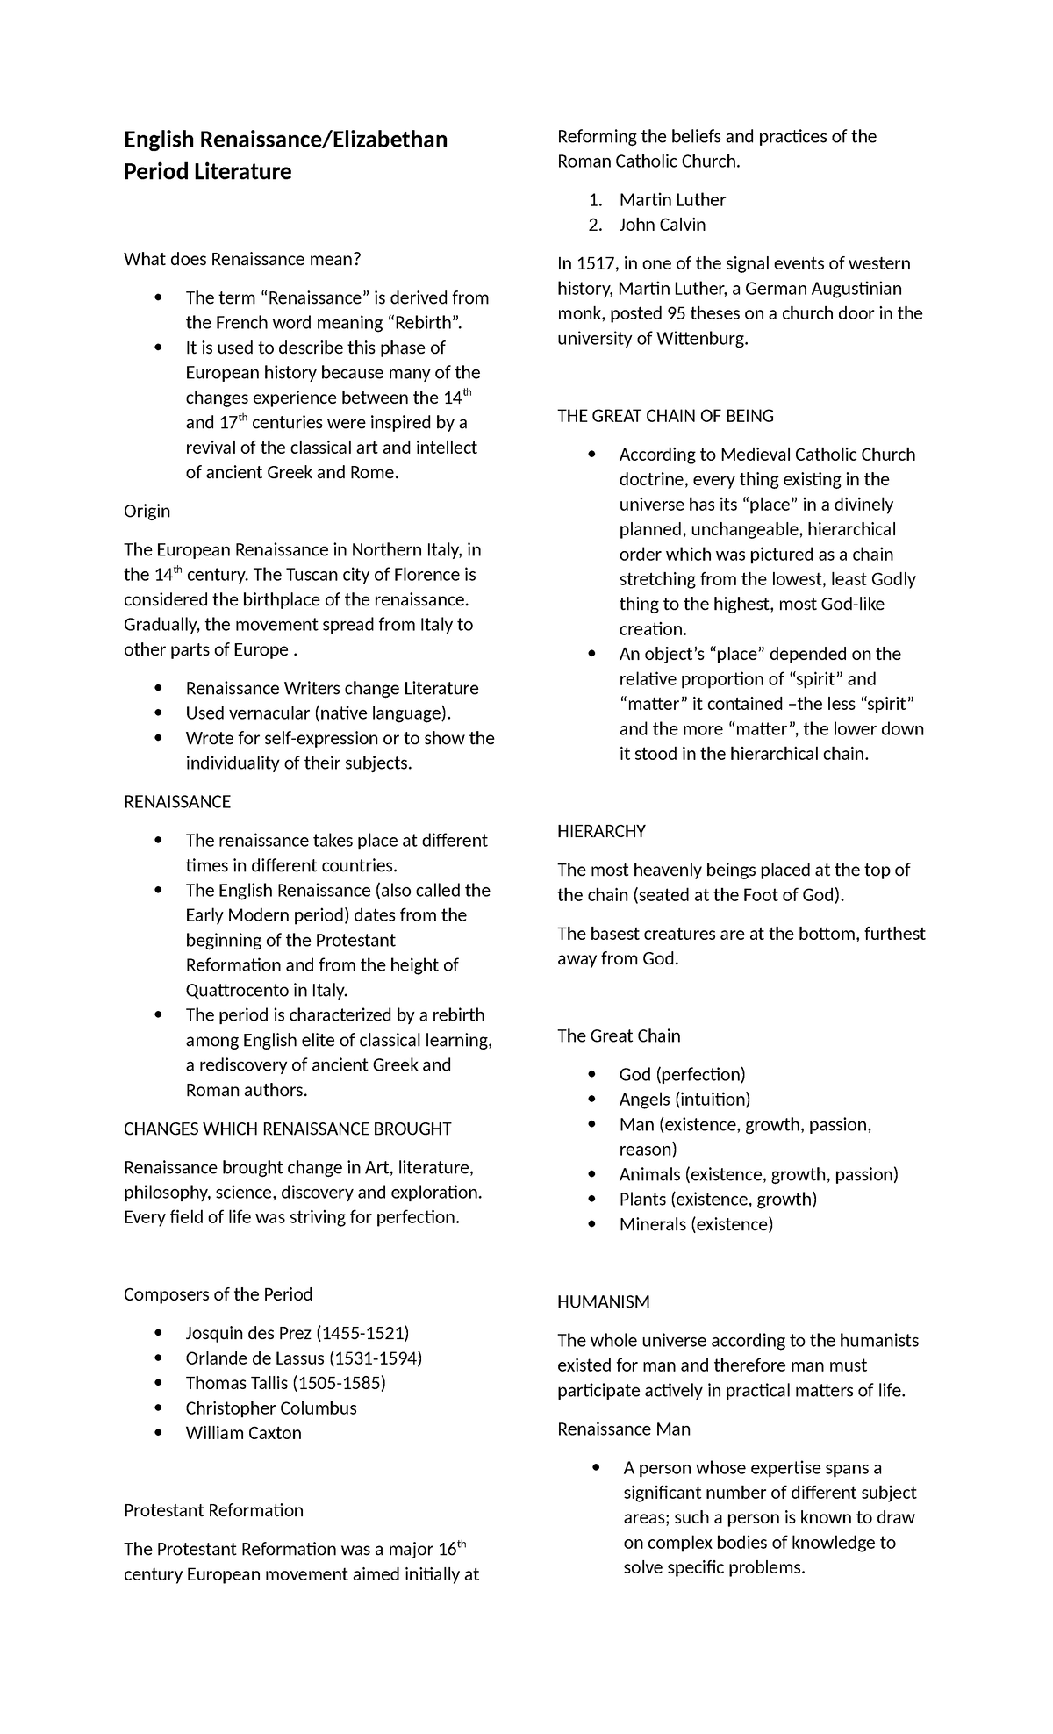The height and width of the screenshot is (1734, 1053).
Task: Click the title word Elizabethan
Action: [x=388, y=140]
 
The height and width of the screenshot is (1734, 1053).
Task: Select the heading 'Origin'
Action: [x=147, y=512]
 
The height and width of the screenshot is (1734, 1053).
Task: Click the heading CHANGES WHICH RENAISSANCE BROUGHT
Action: [x=287, y=1129]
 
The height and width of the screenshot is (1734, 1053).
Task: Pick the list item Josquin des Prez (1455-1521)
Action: [x=297, y=1334]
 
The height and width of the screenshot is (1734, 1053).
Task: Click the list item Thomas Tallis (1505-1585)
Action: [x=285, y=1384]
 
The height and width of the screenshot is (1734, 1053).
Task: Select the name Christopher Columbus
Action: [x=271, y=1408]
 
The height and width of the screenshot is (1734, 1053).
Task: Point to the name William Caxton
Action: [x=243, y=1434]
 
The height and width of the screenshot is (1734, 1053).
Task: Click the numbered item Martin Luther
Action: [x=672, y=200]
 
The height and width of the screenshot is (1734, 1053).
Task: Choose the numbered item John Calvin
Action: [x=662, y=226]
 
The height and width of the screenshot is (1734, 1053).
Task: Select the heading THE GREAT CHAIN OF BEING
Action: [x=665, y=416]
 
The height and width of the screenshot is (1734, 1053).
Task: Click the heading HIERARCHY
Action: [x=601, y=832]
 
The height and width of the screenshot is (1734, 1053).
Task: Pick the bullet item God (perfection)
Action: [x=682, y=1075]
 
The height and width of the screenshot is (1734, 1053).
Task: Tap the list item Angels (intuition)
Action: [x=684, y=1100]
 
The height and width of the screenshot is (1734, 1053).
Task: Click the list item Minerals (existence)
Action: [x=696, y=1225]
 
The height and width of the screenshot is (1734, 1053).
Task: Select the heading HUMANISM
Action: [x=604, y=1302]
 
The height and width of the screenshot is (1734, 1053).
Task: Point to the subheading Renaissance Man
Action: [x=624, y=1429]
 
